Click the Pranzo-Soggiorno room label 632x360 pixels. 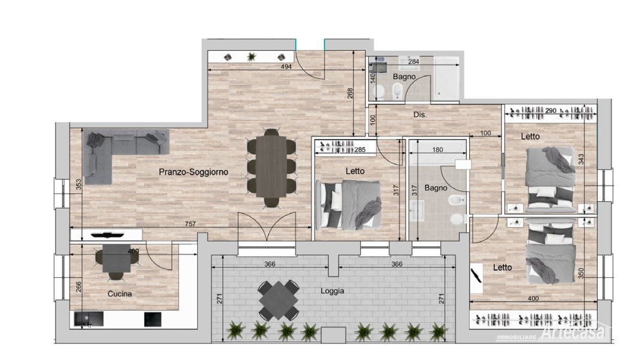tap(193, 172)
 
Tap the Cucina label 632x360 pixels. tap(120, 294)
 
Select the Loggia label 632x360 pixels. tap(332, 291)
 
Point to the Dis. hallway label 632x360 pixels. tap(420, 114)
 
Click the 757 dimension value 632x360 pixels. tap(190, 224)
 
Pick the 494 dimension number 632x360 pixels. tap(286, 66)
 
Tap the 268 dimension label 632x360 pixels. tap(350, 93)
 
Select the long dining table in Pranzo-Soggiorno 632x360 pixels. tap(271, 166)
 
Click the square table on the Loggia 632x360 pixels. tap(279, 300)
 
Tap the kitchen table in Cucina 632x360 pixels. tap(116, 258)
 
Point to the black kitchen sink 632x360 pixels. tap(89, 319)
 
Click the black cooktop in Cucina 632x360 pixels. tap(153, 319)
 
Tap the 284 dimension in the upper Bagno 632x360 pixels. tap(413, 62)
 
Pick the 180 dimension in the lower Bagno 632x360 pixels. tap(437, 150)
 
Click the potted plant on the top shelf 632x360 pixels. tap(252, 56)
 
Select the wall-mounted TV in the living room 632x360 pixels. tap(106, 235)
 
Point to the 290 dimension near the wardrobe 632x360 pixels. tap(551, 110)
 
